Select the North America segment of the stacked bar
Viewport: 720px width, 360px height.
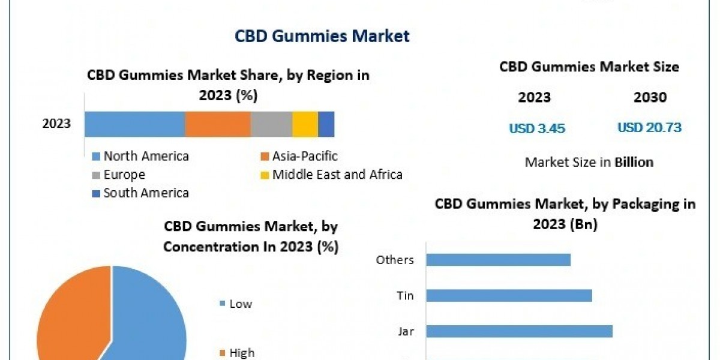click(134, 124)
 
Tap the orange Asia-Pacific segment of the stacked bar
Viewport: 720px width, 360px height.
click(217, 124)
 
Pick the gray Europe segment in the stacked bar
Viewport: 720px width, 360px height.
click(271, 124)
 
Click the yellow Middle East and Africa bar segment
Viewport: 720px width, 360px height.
click(305, 124)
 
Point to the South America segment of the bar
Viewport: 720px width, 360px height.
click(326, 124)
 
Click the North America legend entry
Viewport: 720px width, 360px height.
click(146, 157)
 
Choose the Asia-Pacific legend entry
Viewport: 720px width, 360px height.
click(304, 157)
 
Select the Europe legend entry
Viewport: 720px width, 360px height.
click(124, 175)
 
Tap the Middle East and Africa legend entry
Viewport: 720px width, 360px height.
click(337, 175)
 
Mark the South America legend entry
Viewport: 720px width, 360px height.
click(146, 193)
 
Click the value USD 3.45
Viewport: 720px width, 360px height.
click(537, 128)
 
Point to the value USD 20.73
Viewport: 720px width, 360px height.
click(649, 128)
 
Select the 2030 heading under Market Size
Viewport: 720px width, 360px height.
click(650, 98)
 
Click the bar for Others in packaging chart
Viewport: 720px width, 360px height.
click(498, 260)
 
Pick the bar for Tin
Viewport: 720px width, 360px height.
click(509, 296)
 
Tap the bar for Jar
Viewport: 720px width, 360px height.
click(519, 331)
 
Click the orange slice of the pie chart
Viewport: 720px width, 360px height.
click(69, 318)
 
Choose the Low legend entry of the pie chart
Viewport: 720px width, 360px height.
click(241, 304)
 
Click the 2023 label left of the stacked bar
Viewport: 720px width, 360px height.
click(56, 124)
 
